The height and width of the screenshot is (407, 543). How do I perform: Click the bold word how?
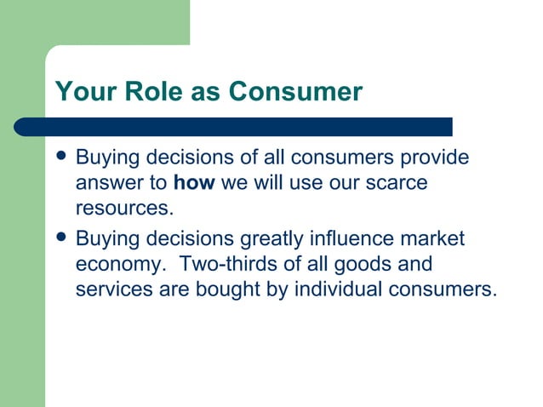pos(194,183)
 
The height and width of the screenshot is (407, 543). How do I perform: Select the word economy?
pos(117,265)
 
